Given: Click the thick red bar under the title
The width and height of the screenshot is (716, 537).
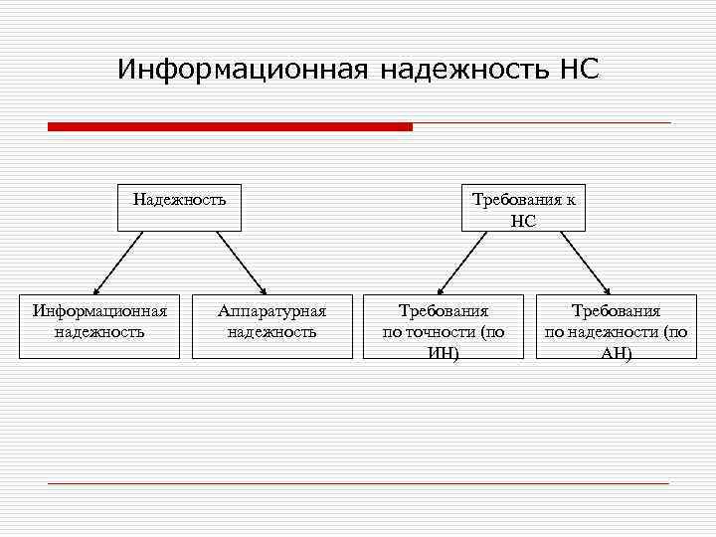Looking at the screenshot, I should click(x=230, y=126).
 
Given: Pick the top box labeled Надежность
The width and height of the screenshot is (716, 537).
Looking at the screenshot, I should click(x=179, y=207).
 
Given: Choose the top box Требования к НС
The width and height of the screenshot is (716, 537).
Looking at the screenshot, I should click(x=523, y=207).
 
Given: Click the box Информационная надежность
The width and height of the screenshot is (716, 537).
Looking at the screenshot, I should click(x=99, y=325).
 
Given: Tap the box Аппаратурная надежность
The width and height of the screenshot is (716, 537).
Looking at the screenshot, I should click(x=272, y=325).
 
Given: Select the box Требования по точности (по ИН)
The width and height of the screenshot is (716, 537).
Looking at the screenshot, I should click(x=444, y=325).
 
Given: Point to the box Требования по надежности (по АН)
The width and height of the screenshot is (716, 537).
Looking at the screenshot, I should click(x=616, y=325).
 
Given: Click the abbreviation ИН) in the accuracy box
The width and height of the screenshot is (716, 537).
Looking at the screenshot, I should click(x=444, y=352).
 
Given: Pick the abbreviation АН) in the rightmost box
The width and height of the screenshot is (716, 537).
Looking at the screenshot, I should click(x=616, y=352).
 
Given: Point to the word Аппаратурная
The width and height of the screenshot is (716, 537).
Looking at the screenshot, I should click(x=272, y=311).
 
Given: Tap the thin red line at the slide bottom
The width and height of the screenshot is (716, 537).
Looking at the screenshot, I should click(x=358, y=483).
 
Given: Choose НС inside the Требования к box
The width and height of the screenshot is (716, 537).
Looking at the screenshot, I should click(x=523, y=221).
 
